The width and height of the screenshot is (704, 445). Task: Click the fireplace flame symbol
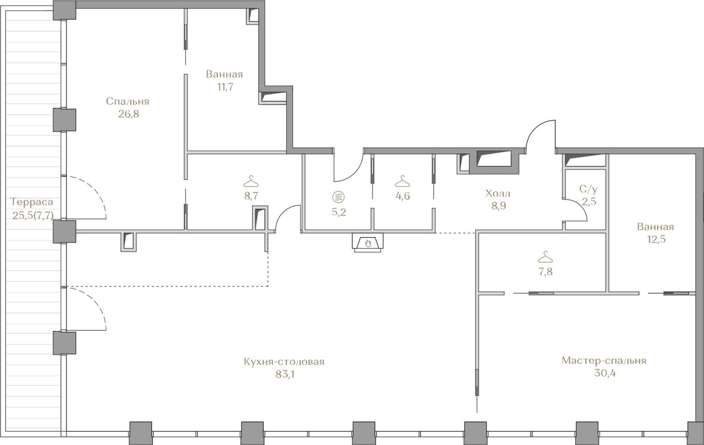coord(368,243)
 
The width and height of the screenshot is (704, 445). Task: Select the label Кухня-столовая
coord(284,362)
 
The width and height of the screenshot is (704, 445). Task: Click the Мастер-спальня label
coord(604,361)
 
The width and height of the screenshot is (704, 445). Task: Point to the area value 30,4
coord(605,373)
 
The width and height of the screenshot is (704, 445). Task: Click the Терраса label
coord(32,202)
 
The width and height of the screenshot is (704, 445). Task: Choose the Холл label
coord(498,193)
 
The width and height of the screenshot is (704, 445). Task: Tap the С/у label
coord(588,189)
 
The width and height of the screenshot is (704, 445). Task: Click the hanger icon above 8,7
coord(251,182)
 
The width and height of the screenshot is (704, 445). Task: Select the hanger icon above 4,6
coord(402,182)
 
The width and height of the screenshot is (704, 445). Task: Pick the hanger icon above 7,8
coord(545,257)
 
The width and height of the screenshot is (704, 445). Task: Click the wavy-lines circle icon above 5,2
coord(338,197)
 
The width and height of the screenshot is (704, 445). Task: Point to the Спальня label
coord(127,102)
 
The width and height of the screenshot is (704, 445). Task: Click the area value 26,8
coord(128,114)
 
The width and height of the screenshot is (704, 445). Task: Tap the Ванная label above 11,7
coord(224,74)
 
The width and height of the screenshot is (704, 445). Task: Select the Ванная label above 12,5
coord(655,227)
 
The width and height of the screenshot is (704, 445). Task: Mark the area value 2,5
coord(589,202)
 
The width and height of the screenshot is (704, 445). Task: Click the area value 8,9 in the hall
coord(498,206)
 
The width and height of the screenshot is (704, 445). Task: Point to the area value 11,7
coord(225,87)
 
